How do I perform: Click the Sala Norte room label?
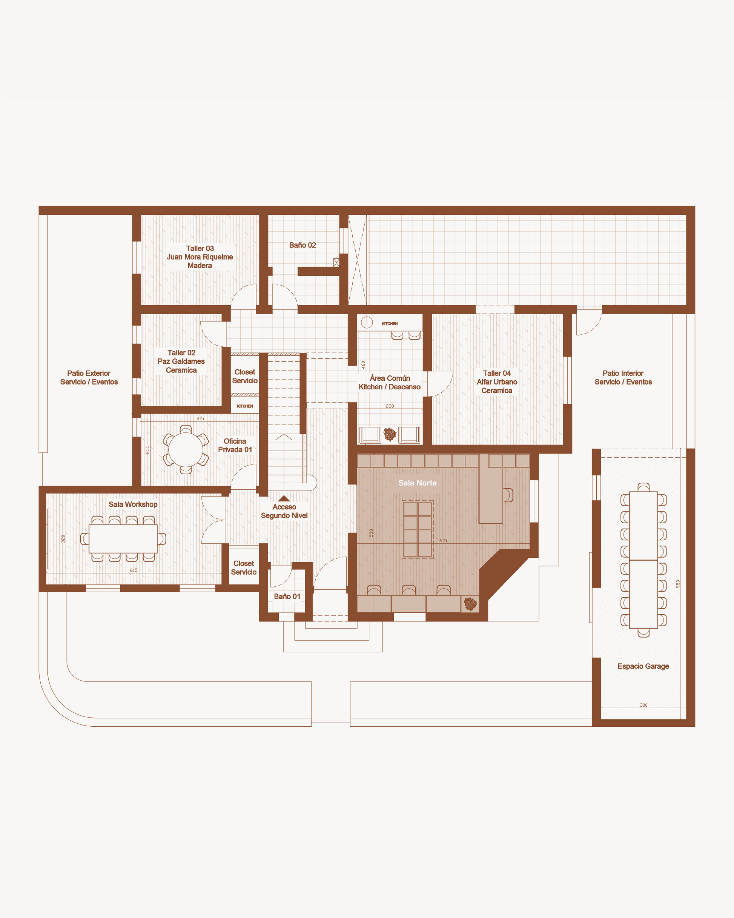tap(417, 483)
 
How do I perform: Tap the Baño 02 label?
tap(302, 245)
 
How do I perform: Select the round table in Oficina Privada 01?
tap(186, 450)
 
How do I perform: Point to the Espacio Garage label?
tap(643, 666)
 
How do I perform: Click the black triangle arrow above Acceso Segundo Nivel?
tap(284, 498)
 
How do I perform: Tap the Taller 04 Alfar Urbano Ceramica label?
tap(497, 382)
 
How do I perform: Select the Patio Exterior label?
tap(89, 378)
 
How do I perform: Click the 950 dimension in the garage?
tap(678, 584)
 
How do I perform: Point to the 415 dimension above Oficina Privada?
tap(200, 418)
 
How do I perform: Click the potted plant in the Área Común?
tap(390, 434)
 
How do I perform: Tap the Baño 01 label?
tap(287, 597)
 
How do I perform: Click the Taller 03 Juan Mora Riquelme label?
tap(200, 257)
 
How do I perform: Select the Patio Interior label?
tap(623, 378)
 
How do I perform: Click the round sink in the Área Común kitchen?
tap(367, 323)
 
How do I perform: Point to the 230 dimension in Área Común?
tap(390, 406)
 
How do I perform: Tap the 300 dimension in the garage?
tap(643, 705)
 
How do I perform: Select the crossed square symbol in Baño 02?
tap(336, 262)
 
